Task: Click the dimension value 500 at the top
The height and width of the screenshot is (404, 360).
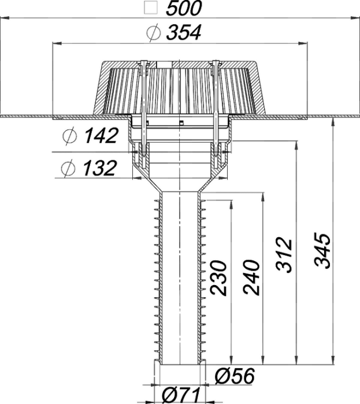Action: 183,8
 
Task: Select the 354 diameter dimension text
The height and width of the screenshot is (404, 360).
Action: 183,32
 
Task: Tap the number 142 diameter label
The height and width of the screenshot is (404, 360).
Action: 101,136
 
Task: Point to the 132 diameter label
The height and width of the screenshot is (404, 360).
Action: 99,168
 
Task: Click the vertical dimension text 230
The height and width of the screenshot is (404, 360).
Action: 218,278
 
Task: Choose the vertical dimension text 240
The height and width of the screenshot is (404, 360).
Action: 251,278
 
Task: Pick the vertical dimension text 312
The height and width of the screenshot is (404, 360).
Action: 284,255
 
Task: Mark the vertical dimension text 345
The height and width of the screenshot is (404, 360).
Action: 322,251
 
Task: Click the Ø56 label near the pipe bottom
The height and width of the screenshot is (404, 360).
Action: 235,376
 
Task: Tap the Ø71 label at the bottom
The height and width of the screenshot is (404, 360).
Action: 181,395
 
